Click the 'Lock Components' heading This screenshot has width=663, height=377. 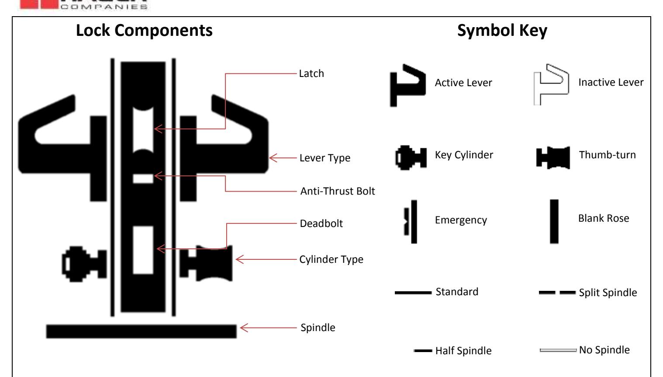[x=144, y=31]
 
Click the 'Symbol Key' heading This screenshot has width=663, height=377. [x=502, y=31]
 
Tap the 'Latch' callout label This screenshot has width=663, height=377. [x=311, y=73]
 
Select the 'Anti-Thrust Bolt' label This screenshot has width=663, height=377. [x=337, y=191]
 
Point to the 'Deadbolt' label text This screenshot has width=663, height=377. [x=321, y=223]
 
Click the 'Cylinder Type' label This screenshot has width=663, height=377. [x=331, y=259]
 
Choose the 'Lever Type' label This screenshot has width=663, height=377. [x=325, y=158]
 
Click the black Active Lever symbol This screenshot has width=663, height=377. [x=407, y=85]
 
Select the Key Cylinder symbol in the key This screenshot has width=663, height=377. [x=411, y=157]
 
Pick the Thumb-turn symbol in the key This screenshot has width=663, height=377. [x=553, y=157]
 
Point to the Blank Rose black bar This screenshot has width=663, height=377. [x=554, y=221]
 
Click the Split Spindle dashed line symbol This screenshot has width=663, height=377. [x=557, y=293]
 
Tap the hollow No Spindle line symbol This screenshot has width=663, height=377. [x=558, y=350]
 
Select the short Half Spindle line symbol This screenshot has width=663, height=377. [x=423, y=351]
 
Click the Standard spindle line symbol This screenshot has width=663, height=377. [x=413, y=293]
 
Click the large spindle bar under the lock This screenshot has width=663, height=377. [x=141, y=331]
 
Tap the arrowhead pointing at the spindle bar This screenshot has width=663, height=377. [x=243, y=328]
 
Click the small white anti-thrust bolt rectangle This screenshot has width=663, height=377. [x=143, y=178]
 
